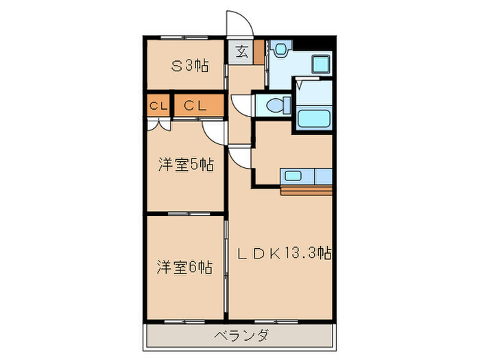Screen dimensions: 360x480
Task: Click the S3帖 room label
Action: (x=190, y=67)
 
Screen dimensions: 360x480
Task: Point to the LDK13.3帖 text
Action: (x=284, y=254)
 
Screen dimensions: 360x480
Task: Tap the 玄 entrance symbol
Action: (x=242, y=51)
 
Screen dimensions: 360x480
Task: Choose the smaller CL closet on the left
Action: (x=158, y=106)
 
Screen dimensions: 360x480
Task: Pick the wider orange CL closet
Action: (x=197, y=106)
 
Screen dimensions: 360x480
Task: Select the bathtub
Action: (x=315, y=116)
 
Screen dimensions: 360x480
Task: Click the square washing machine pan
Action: (x=321, y=65)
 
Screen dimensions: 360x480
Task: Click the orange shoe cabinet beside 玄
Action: (x=259, y=52)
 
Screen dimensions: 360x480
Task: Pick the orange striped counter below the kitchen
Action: (x=307, y=190)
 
